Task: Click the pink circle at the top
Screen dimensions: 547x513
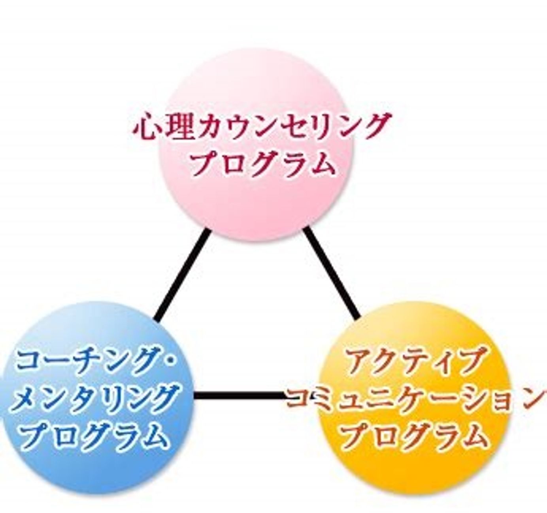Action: pos(256,145)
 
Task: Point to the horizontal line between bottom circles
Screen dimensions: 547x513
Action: pos(240,396)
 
